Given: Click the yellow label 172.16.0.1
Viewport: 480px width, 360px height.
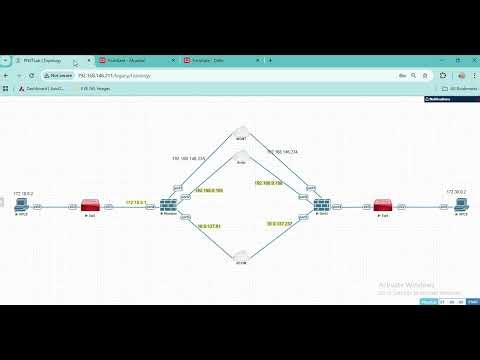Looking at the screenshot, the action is [136, 202].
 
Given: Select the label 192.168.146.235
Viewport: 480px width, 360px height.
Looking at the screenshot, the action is [188, 158].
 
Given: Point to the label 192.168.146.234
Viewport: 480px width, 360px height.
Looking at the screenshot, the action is [281, 151].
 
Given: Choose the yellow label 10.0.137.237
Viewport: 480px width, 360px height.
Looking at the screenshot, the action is [278, 223].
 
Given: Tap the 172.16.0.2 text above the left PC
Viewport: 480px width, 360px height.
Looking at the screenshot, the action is [23, 191].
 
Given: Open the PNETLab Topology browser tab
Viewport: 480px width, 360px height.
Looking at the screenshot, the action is [40, 60].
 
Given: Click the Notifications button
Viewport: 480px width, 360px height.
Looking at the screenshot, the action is [440, 100].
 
